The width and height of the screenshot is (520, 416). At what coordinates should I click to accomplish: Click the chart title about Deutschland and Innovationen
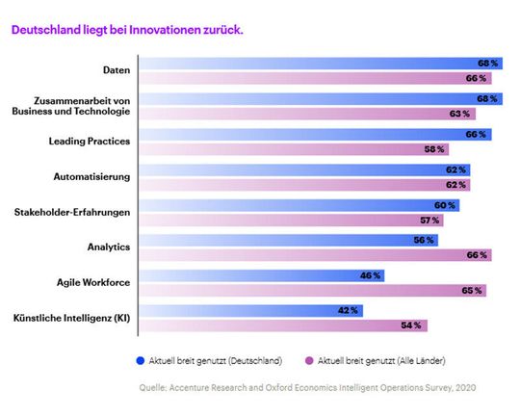click(126, 30)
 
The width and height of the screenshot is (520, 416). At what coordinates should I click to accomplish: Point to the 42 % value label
click(347, 310)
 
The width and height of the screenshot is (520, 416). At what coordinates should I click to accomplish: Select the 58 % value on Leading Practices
click(434, 149)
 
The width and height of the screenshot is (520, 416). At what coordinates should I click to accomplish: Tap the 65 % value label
click(472, 290)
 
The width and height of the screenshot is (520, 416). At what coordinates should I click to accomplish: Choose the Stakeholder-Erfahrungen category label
click(73, 212)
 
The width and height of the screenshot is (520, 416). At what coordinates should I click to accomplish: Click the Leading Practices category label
click(90, 142)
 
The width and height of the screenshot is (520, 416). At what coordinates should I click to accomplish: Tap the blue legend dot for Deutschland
click(142, 360)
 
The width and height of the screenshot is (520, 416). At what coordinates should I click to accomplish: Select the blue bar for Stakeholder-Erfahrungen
click(299, 205)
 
